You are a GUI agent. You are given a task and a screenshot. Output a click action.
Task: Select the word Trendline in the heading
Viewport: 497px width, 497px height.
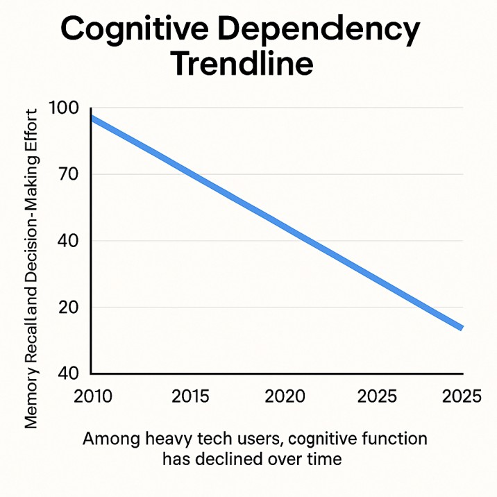point(242,65)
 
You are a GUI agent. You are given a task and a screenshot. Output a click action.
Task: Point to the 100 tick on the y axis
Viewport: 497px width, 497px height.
point(65,108)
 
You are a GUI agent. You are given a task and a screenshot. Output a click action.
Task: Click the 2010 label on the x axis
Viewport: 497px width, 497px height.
point(92,396)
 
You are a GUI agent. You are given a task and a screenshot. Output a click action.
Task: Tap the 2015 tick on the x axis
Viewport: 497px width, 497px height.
point(190,396)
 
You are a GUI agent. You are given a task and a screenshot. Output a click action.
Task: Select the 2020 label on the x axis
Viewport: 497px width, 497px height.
point(285,396)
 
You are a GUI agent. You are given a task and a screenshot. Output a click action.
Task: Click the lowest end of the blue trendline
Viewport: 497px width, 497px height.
point(461,327)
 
